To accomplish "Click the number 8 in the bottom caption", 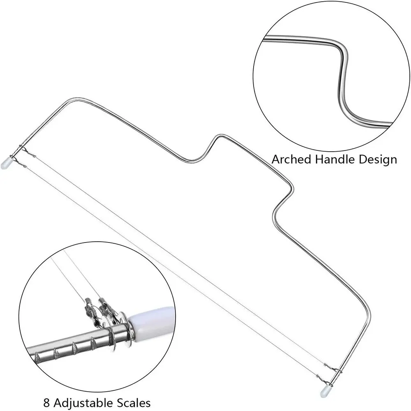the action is (x=46, y=403).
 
